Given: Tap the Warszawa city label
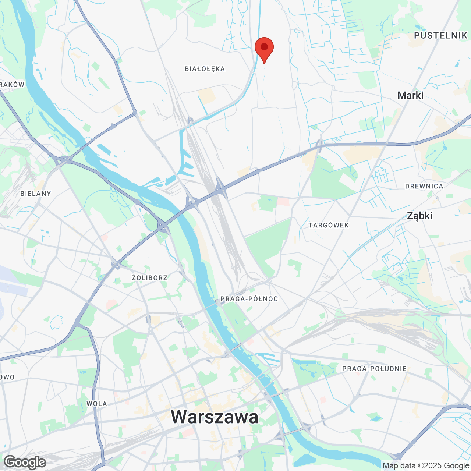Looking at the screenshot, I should (x=215, y=417).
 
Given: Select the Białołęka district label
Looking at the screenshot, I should (x=205, y=69).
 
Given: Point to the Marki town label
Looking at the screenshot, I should (x=410, y=95).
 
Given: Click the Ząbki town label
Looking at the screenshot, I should (x=419, y=216).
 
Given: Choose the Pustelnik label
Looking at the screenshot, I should (x=440, y=35).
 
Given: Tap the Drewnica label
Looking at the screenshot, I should (x=424, y=186).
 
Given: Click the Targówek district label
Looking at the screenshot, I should (x=329, y=225).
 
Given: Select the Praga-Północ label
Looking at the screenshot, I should (x=249, y=299).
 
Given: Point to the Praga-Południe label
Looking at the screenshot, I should (x=374, y=369).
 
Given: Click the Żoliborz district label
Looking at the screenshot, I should (x=150, y=278).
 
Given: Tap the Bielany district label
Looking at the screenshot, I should (x=36, y=194).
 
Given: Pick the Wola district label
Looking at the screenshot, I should (x=97, y=404).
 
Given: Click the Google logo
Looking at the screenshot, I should (x=25, y=462).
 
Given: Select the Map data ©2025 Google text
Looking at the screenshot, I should (x=426, y=465).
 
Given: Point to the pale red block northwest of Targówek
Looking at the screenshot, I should (x=283, y=202).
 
